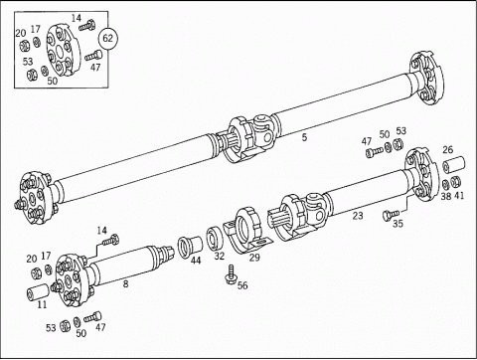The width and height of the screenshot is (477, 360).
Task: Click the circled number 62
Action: click(108, 39)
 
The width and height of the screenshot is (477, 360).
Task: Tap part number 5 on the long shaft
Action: click(304, 137)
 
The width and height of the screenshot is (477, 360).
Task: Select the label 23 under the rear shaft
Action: click(358, 216)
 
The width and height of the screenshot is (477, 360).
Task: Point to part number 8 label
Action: click(125, 284)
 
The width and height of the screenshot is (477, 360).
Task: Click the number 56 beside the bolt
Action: click(242, 285)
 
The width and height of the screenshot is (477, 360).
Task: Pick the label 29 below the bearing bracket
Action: click(254, 258)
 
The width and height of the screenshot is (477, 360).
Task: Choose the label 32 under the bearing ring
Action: click(219, 256)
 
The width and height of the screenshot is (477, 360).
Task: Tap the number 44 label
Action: click(196, 261)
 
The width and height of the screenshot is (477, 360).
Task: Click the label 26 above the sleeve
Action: click(447, 150)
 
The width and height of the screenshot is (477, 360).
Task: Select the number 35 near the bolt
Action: click(397, 224)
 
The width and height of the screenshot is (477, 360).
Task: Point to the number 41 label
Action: click(459, 196)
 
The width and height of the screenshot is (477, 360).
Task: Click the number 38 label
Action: click(446, 196)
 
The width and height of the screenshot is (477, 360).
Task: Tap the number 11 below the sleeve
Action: click(42, 304)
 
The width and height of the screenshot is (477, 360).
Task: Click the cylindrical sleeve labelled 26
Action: click(454, 165)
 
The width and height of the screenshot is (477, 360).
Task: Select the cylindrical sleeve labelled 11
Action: click(38, 291)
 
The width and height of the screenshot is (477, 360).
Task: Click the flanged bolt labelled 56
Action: click(231, 274)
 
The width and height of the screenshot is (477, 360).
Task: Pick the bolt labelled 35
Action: click(391, 214)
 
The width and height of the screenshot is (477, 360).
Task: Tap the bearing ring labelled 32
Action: click(215, 238)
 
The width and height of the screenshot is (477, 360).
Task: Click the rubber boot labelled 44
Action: click(191, 247)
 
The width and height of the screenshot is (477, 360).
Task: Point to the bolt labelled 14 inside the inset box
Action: click(87, 26)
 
